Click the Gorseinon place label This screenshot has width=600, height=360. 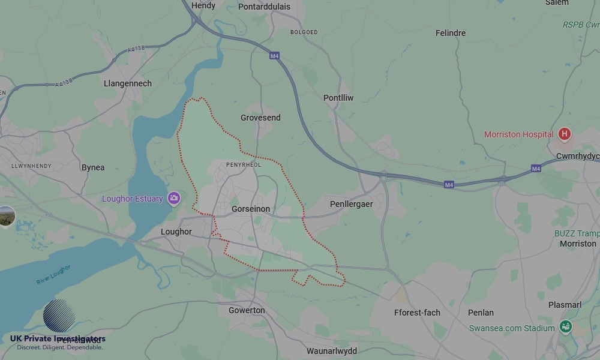pos(251,209)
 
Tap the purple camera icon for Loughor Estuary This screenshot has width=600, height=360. pos(174,198)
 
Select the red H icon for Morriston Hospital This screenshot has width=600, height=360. pos(564,134)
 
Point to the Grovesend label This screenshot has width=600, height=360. pos(260,118)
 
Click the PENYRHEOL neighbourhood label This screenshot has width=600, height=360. pos(244,164)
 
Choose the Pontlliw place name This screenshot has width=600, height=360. pos(338,98)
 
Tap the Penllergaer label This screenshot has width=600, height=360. pos(351,204)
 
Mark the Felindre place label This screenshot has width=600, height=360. pos(450,33)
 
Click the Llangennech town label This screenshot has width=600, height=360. pos(128,83)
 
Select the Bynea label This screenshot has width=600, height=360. pos(93,167)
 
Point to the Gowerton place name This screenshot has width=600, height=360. pos(247,310)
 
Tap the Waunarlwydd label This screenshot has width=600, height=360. pos(331,351)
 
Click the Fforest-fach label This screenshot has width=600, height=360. pos(417,313)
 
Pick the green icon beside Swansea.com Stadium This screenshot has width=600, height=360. pos(565,327)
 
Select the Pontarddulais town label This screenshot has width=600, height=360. pos(264,7)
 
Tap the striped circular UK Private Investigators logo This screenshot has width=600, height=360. pos(59,316)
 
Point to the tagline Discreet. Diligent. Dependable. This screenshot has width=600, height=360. pos(59,347)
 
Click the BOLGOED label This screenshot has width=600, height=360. pos(304,32)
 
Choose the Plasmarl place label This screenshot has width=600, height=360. pos(565,305)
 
